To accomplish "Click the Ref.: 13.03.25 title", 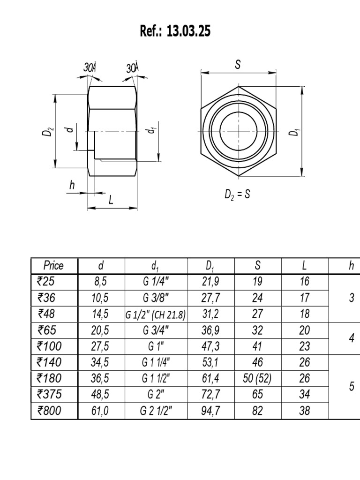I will [x=175, y=31].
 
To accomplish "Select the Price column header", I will [x=53, y=266].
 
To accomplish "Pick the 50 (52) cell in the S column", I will [x=257, y=379].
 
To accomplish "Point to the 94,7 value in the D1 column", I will [x=210, y=411].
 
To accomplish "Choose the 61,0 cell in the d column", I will [x=100, y=411].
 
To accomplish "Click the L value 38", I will [x=305, y=411].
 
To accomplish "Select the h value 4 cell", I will [x=352, y=338].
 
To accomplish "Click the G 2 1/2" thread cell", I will [x=156, y=411].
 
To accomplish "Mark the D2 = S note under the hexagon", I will [x=237, y=194].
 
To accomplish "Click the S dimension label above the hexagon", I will [x=238, y=66].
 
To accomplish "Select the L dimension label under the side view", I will [x=111, y=200].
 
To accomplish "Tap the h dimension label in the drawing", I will [x=72, y=186].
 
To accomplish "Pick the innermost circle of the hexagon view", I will [x=238, y=131].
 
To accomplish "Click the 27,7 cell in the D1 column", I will [x=210, y=298].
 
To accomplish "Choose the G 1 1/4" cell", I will [x=156, y=362].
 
